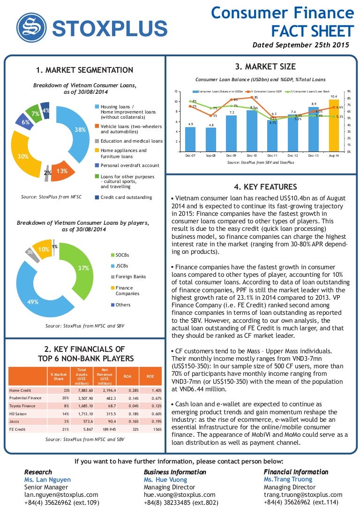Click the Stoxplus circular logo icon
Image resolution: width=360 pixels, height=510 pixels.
(32, 27)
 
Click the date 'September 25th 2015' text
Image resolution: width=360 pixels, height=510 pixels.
(313, 46)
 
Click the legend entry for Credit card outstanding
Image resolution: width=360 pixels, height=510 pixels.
(126, 198)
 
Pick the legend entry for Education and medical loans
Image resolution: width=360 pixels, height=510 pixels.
(131, 141)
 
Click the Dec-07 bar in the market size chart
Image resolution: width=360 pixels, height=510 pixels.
(190, 139)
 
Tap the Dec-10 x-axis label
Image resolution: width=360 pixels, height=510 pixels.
(252, 155)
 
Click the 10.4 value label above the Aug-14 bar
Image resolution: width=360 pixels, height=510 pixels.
(334, 96)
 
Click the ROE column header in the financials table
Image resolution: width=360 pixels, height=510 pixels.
(150, 376)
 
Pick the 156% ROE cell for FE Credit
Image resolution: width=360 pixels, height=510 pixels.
(157, 429)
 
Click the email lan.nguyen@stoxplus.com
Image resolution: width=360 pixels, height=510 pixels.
(61, 495)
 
